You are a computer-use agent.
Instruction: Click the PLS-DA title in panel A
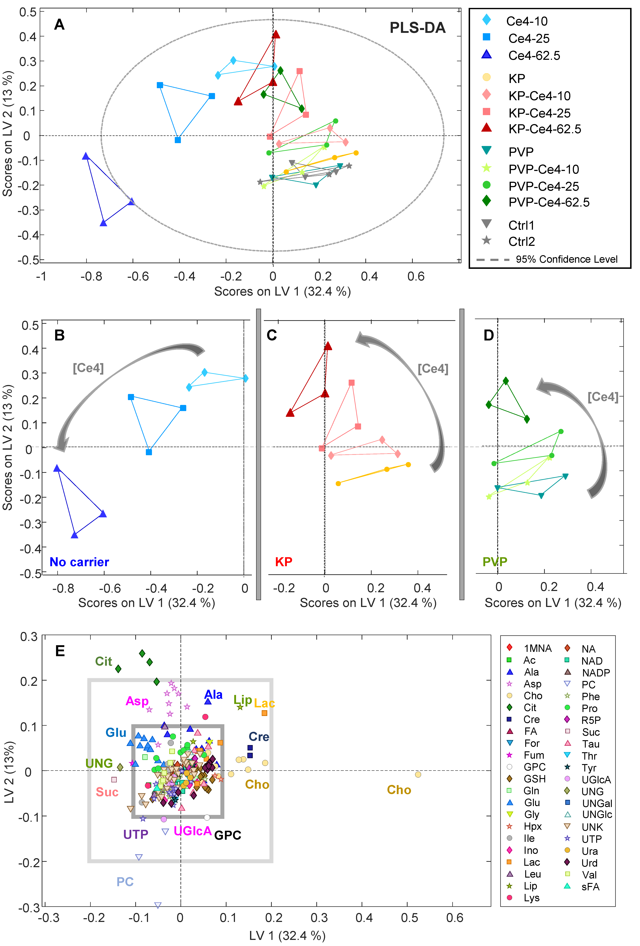[417, 28]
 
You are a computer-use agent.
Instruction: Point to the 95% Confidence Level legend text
[566, 259]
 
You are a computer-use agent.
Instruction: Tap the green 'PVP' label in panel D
[495, 562]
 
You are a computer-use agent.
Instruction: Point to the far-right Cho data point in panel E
[418, 774]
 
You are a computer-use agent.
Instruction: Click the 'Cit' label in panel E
[103, 662]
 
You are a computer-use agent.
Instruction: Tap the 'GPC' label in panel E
[228, 835]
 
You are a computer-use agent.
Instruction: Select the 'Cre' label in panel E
[259, 737]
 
